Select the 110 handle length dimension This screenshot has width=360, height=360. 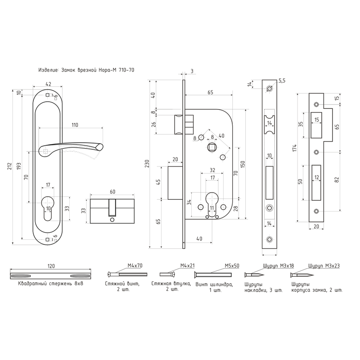point(74,124)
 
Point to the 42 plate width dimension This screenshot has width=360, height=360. point(48,84)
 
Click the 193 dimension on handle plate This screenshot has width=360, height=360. point(19,166)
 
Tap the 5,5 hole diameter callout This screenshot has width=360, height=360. point(282,81)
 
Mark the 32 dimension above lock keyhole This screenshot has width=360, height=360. point(212,171)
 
